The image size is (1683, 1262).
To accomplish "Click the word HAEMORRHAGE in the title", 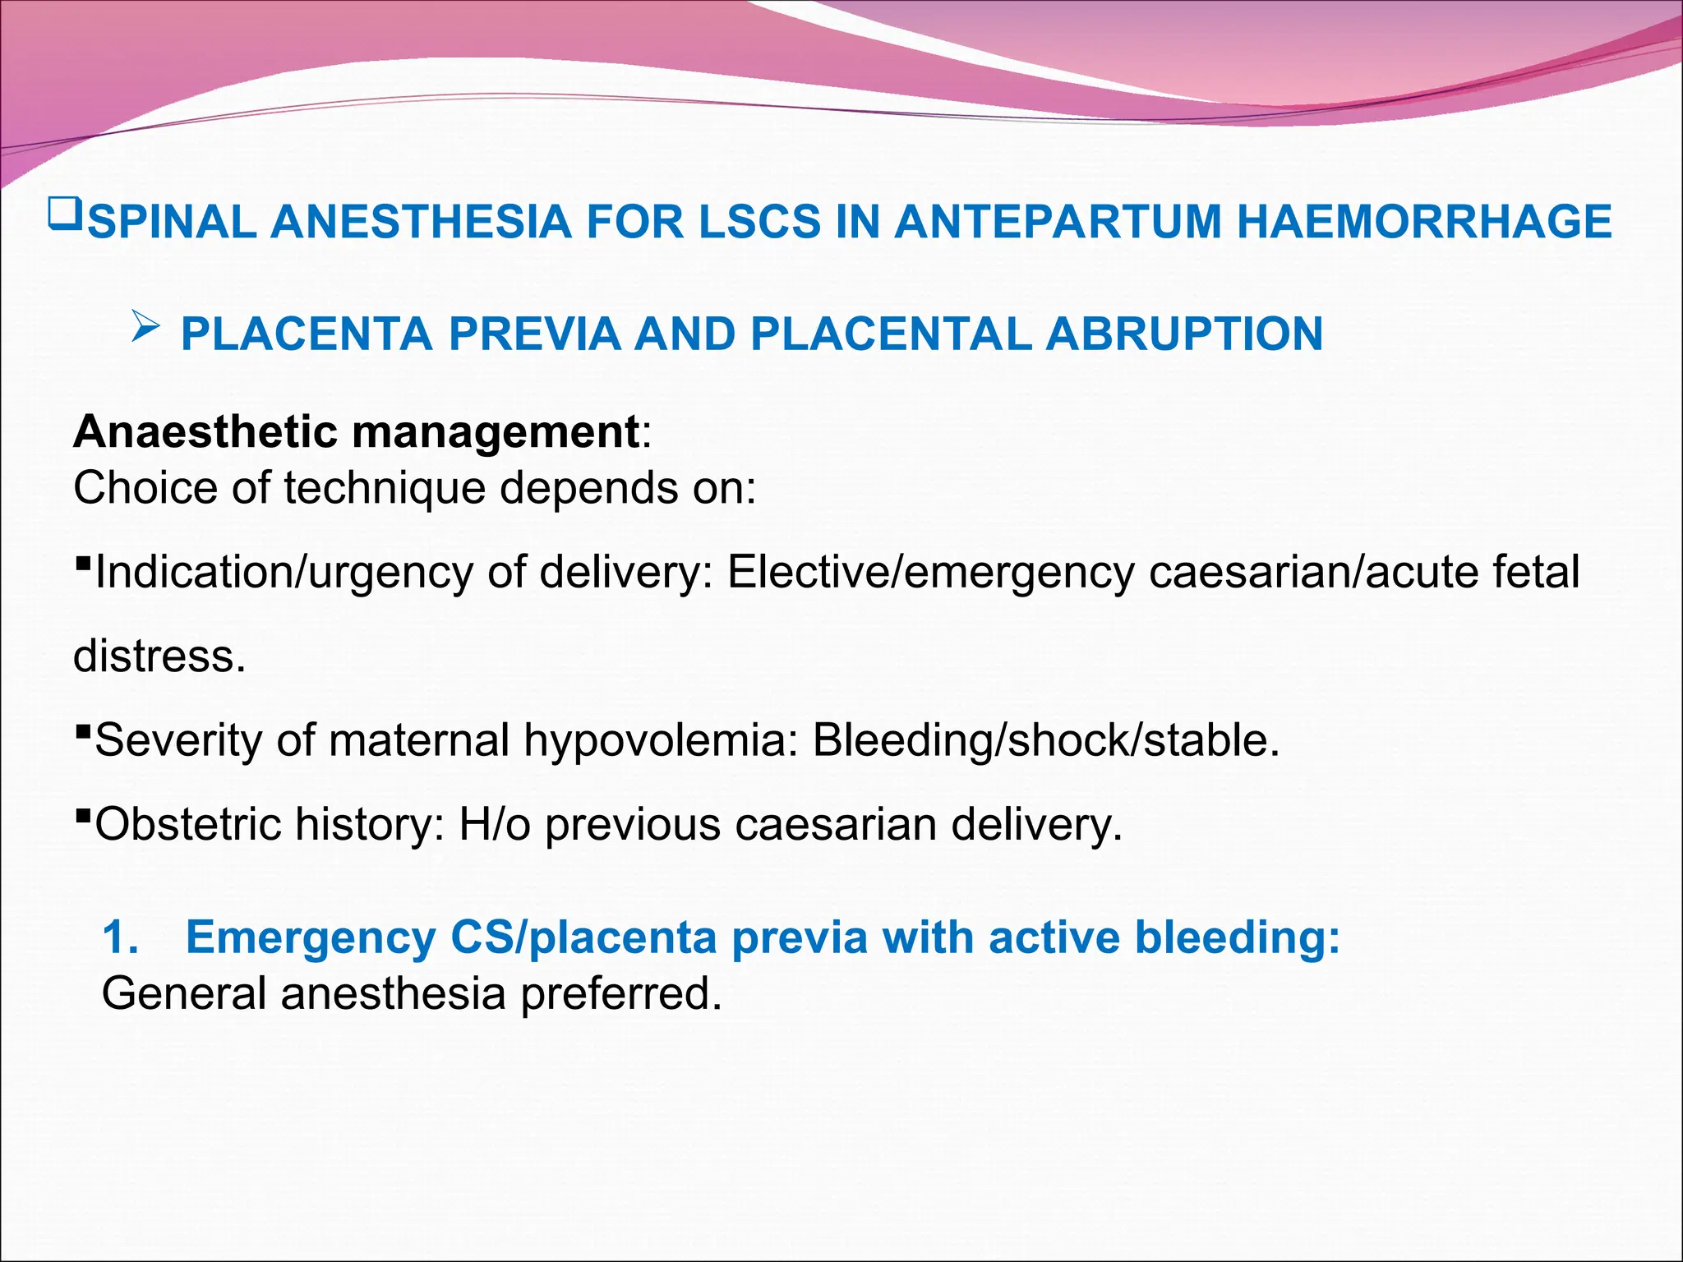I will [x=1423, y=223].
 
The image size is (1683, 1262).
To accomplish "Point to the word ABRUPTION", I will [x=1184, y=334].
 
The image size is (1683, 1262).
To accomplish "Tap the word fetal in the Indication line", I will [x=1535, y=572].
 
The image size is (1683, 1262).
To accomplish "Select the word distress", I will [x=159, y=656].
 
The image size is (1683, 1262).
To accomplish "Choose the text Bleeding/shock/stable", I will [x=1045, y=740].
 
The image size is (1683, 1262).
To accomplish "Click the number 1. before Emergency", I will [x=121, y=937].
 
